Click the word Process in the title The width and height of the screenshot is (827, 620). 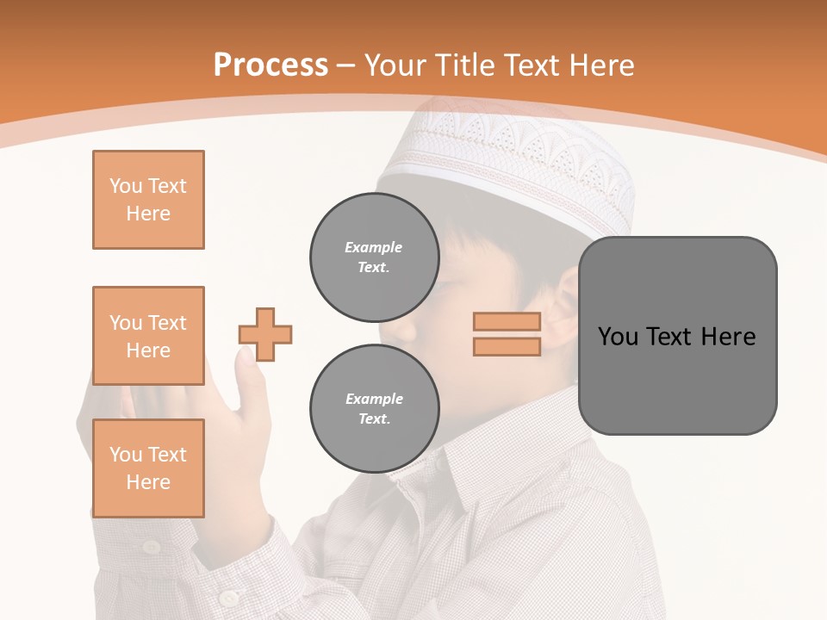270,65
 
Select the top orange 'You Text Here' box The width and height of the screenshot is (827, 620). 148,200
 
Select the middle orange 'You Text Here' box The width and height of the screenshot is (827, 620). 148,336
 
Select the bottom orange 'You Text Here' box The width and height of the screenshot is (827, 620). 148,468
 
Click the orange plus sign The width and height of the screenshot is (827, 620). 265,334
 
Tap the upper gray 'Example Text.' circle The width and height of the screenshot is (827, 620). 375,257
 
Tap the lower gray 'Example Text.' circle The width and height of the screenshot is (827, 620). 375,409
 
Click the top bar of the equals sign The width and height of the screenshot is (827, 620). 507,321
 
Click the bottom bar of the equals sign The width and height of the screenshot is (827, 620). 507,347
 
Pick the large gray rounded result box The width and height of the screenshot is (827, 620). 677,336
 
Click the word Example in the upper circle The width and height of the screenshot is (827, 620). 374,247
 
